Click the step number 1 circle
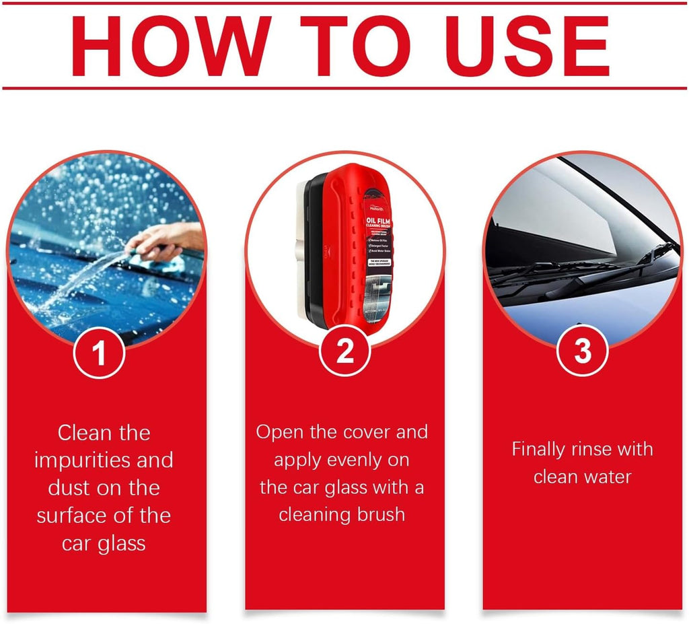[100, 353]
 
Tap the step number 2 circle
[344, 351]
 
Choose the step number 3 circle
[583, 351]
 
